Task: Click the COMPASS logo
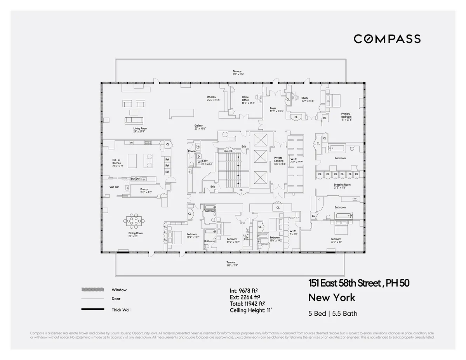[387, 39]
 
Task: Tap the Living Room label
[140, 130]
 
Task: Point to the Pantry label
[144, 190]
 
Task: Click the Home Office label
[245, 100]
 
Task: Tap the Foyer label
[273, 110]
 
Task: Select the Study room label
[305, 99]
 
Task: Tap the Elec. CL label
[228, 151]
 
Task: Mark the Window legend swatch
[93, 290]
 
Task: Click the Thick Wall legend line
[93, 310]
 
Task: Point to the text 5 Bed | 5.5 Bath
[333, 313]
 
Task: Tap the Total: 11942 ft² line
[247, 304]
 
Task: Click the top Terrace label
[237, 73]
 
